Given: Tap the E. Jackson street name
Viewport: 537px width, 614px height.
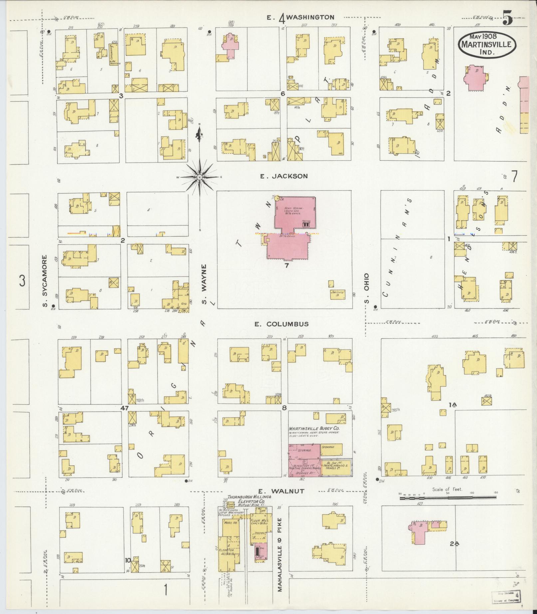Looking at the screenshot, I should [x=284, y=176].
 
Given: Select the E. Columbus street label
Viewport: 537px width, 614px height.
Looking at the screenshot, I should [x=282, y=324].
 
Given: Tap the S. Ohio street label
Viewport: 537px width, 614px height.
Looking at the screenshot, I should [x=367, y=289].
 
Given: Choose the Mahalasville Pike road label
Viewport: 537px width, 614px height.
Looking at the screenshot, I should [x=280, y=554].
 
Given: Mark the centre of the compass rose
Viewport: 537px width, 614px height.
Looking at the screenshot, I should [x=199, y=177].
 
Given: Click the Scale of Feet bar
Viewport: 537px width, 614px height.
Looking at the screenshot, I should [x=448, y=498].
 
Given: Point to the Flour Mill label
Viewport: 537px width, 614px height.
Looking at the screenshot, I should [x=259, y=520].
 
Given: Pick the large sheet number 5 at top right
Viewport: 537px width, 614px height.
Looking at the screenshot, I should [x=507, y=17].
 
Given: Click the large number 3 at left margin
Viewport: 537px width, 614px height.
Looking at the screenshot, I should [x=22, y=281].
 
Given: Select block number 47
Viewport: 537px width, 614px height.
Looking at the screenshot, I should [x=125, y=407].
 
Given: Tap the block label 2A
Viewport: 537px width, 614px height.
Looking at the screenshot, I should [x=454, y=544].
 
